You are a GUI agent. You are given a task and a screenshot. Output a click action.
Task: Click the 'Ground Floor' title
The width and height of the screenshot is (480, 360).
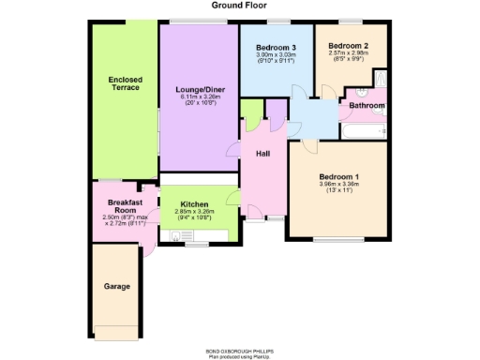pos(239,6)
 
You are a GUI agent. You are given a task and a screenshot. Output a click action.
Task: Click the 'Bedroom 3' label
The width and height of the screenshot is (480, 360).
pos(276,47)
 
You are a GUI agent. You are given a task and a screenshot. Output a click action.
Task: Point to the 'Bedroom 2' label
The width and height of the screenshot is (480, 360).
pos(348,45)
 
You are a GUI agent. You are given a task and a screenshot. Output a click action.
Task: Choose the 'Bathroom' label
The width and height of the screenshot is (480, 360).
pos(367,106)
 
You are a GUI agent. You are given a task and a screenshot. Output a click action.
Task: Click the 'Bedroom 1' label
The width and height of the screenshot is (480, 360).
pos(338,176)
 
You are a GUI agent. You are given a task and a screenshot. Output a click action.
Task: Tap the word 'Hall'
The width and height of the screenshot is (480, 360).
pos(263,153)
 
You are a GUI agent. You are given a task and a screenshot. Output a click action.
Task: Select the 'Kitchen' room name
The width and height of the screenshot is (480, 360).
pos(194,203)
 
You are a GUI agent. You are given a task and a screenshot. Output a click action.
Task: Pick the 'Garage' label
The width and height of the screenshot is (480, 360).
pos(117,286)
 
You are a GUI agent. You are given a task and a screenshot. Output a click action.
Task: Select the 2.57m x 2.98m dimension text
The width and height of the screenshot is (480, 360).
pos(348,52)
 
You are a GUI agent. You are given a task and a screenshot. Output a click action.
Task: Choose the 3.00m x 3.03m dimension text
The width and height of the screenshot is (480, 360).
pos(276,54)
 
